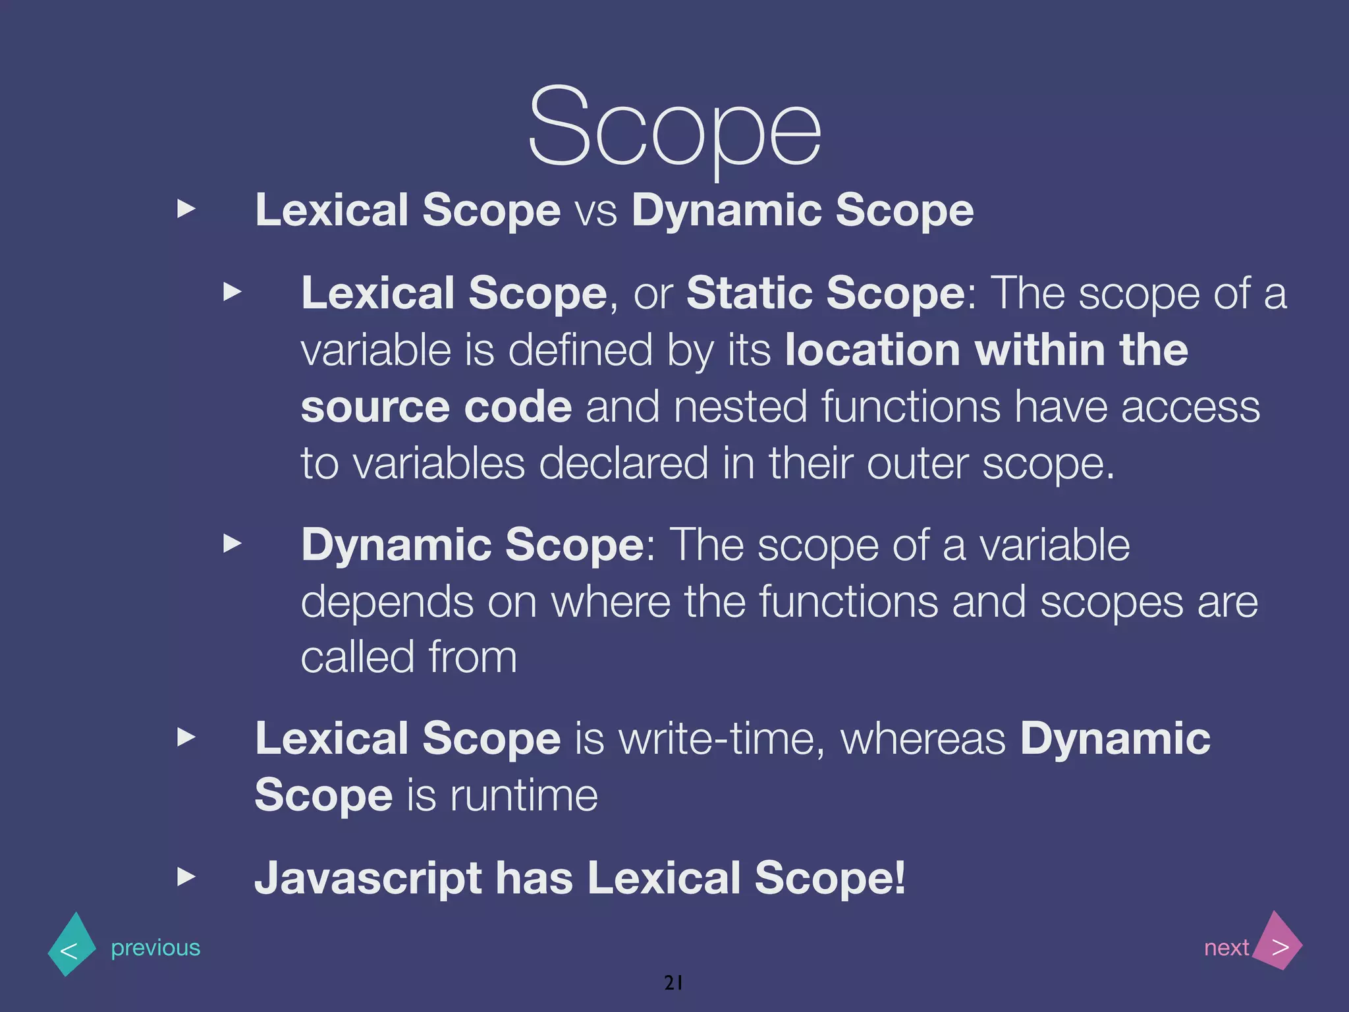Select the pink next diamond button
[1279, 942]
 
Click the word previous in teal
[155, 947]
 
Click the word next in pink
[1226, 947]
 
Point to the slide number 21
[673, 982]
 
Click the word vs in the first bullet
[596, 211]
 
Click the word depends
[387, 602]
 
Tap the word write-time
[722, 739]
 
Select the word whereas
[923, 739]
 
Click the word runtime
[524, 795]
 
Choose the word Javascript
[368, 878]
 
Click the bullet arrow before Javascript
[187, 877]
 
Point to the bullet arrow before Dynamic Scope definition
[233, 544]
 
